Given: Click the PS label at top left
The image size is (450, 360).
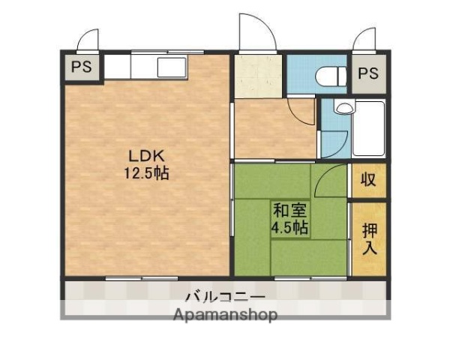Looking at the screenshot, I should (81, 67).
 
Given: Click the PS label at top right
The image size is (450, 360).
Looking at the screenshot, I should (367, 73).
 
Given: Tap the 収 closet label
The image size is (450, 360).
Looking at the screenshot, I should (368, 180).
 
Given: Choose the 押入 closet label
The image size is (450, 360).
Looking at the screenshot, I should (368, 238).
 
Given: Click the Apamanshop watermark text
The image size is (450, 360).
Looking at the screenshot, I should (224, 314).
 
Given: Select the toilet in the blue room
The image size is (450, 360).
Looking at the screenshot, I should (328, 75).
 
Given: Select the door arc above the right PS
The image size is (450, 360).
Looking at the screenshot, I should (365, 37).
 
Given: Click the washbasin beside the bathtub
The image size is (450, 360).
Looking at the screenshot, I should (343, 108).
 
